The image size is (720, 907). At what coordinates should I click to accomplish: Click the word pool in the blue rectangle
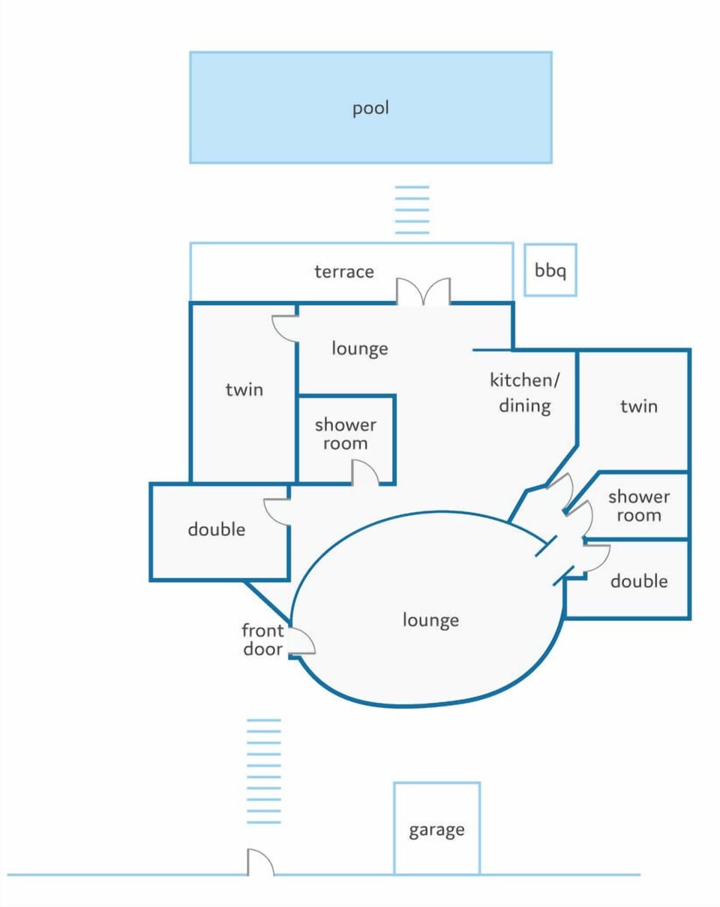tap(370, 108)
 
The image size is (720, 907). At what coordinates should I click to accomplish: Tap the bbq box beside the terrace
tap(550, 270)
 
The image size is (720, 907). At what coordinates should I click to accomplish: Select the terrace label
tap(344, 272)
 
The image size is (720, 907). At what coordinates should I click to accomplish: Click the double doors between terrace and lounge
tap(423, 291)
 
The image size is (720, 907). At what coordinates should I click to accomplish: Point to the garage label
tap(436, 830)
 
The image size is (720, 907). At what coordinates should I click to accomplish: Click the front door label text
tap(262, 640)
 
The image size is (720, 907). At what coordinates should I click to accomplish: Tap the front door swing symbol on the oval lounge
tap(302, 641)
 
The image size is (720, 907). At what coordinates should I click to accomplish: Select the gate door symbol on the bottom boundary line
tap(260, 862)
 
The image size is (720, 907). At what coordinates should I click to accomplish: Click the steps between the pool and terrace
tap(412, 209)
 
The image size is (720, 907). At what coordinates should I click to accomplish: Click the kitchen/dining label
tap(525, 393)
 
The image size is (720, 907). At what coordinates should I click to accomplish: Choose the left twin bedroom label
tap(244, 390)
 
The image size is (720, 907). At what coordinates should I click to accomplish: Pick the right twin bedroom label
tap(639, 406)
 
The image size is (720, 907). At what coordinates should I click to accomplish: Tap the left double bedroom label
tap(217, 529)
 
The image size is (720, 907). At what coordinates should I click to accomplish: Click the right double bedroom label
tap(639, 581)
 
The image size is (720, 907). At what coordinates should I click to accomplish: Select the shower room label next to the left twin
tap(345, 434)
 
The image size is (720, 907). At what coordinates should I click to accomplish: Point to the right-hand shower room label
tap(639, 506)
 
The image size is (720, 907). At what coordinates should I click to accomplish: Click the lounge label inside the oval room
tap(430, 620)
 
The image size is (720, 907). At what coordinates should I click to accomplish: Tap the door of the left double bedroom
tap(277, 512)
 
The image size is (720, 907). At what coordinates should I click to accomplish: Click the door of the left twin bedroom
tap(285, 329)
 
